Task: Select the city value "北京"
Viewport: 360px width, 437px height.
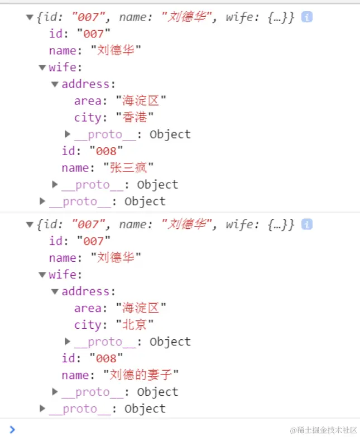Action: (135, 325)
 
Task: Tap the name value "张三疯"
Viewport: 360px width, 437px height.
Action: (128, 168)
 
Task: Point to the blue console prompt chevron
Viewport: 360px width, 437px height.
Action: (12, 429)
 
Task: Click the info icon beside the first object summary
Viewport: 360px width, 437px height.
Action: (306, 17)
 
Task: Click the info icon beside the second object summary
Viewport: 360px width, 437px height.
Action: (306, 224)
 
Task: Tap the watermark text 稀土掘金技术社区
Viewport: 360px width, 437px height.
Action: (323, 430)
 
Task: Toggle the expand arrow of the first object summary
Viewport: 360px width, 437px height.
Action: (30, 17)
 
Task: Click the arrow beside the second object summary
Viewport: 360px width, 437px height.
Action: (30, 224)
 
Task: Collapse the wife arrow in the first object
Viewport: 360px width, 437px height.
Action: (42, 68)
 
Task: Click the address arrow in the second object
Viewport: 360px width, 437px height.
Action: (55, 291)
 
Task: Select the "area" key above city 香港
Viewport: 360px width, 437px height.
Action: (88, 101)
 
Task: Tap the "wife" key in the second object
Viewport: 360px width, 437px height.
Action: (62, 275)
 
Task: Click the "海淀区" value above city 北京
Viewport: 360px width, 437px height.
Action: (141, 308)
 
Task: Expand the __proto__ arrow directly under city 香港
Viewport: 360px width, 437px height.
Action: (68, 135)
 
